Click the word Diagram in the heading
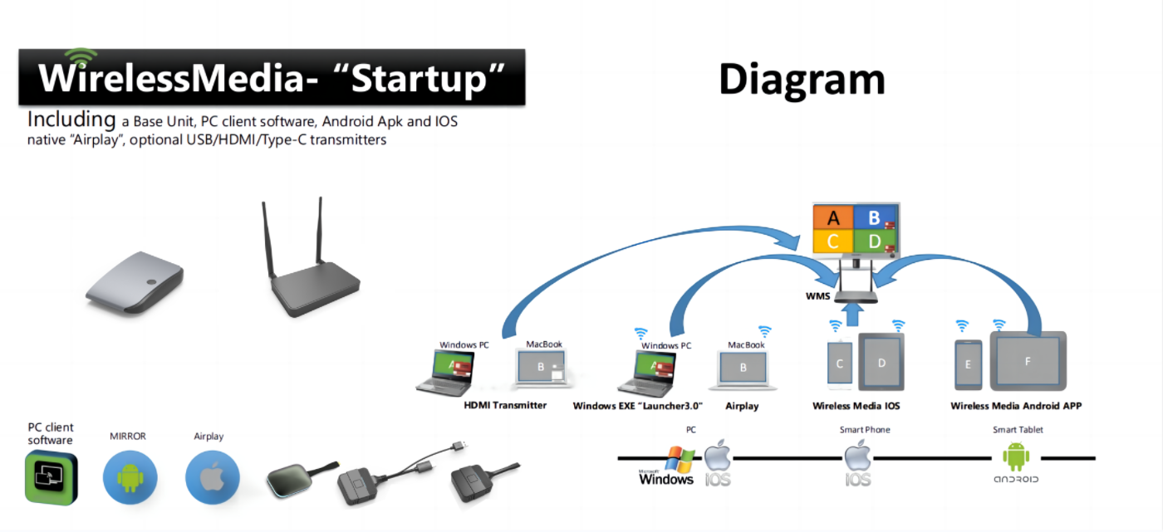[802, 80]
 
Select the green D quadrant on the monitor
[875, 242]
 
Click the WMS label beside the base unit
[817, 295]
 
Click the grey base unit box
[135, 283]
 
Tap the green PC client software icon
[51, 478]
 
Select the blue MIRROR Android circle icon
[130, 478]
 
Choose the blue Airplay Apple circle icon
[213, 478]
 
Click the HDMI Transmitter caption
[505, 406]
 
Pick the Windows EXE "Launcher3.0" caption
[638, 406]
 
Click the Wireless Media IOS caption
[856, 406]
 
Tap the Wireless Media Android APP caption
[1016, 406]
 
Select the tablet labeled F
[1028, 362]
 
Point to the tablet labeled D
[881, 363]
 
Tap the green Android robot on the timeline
[1016, 456]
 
